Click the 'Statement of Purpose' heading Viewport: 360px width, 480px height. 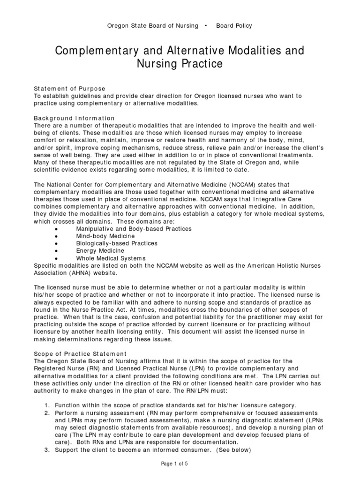click(x=70, y=88)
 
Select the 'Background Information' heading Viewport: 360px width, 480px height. click(x=74, y=118)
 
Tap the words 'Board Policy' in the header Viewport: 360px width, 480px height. click(x=234, y=26)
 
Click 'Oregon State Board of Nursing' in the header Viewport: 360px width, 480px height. click(x=153, y=26)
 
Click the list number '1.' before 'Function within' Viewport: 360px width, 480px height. click(x=46, y=405)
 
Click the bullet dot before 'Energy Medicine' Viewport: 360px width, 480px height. click(x=56, y=251)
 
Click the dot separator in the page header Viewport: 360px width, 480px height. click(x=206, y=26)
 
